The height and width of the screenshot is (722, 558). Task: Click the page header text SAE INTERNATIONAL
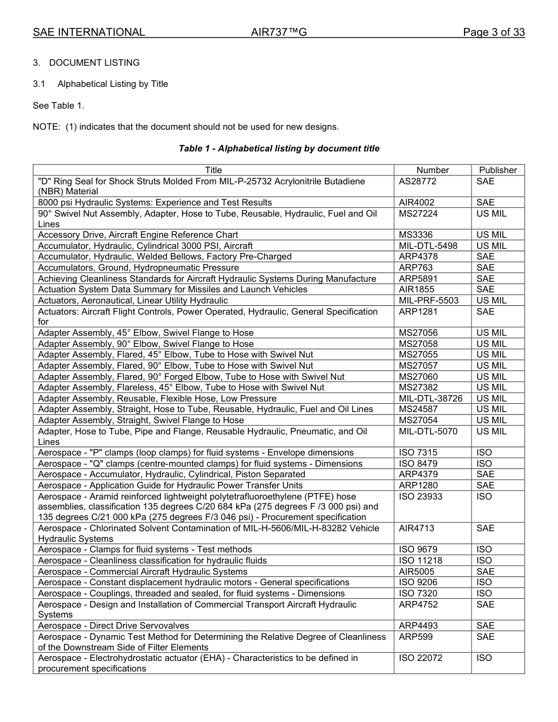tap(89, 32)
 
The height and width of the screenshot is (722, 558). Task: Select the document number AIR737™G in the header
tap(278, 32)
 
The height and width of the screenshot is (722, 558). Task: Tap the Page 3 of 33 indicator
tap(493, 32)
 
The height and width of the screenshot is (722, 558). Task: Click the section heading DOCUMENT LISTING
tap(94, 63)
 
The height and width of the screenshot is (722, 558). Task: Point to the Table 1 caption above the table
tap(279, 149)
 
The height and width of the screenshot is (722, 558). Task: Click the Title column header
tap(213, 170)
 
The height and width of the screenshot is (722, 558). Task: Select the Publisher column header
tap(498, 170)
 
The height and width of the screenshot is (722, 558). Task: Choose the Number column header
tap(432, 170)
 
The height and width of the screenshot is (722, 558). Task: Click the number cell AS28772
tap(418, 181)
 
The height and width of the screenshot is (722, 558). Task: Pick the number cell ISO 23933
tap(421, 497)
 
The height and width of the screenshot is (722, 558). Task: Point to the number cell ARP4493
tap(418, 626)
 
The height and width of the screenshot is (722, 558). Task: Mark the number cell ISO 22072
tap(421, 658)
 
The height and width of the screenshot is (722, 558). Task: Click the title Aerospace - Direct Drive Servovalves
tap(113, 626)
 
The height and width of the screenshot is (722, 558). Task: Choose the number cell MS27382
tap(418, 387)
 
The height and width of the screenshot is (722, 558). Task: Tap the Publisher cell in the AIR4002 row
tap(485, 203)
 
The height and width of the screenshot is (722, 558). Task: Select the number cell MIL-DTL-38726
tap(430, 399)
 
